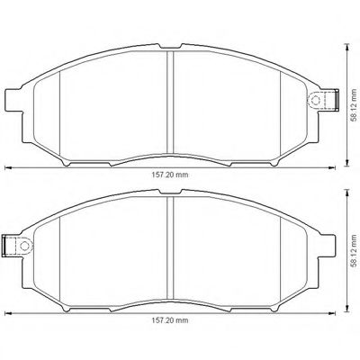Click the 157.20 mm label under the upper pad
pyautogui.click(x=169, y=176)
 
